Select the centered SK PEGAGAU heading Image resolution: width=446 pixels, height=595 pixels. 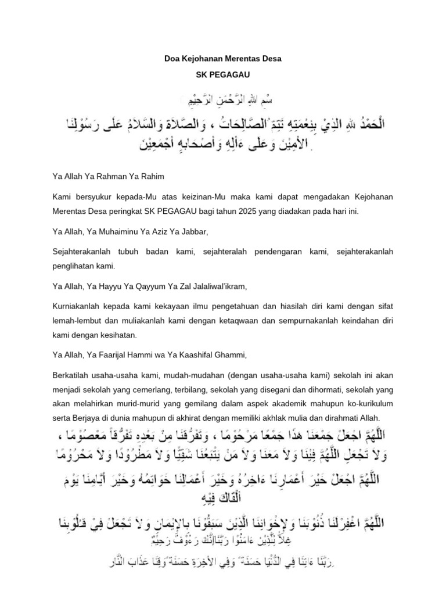[222, 76]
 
